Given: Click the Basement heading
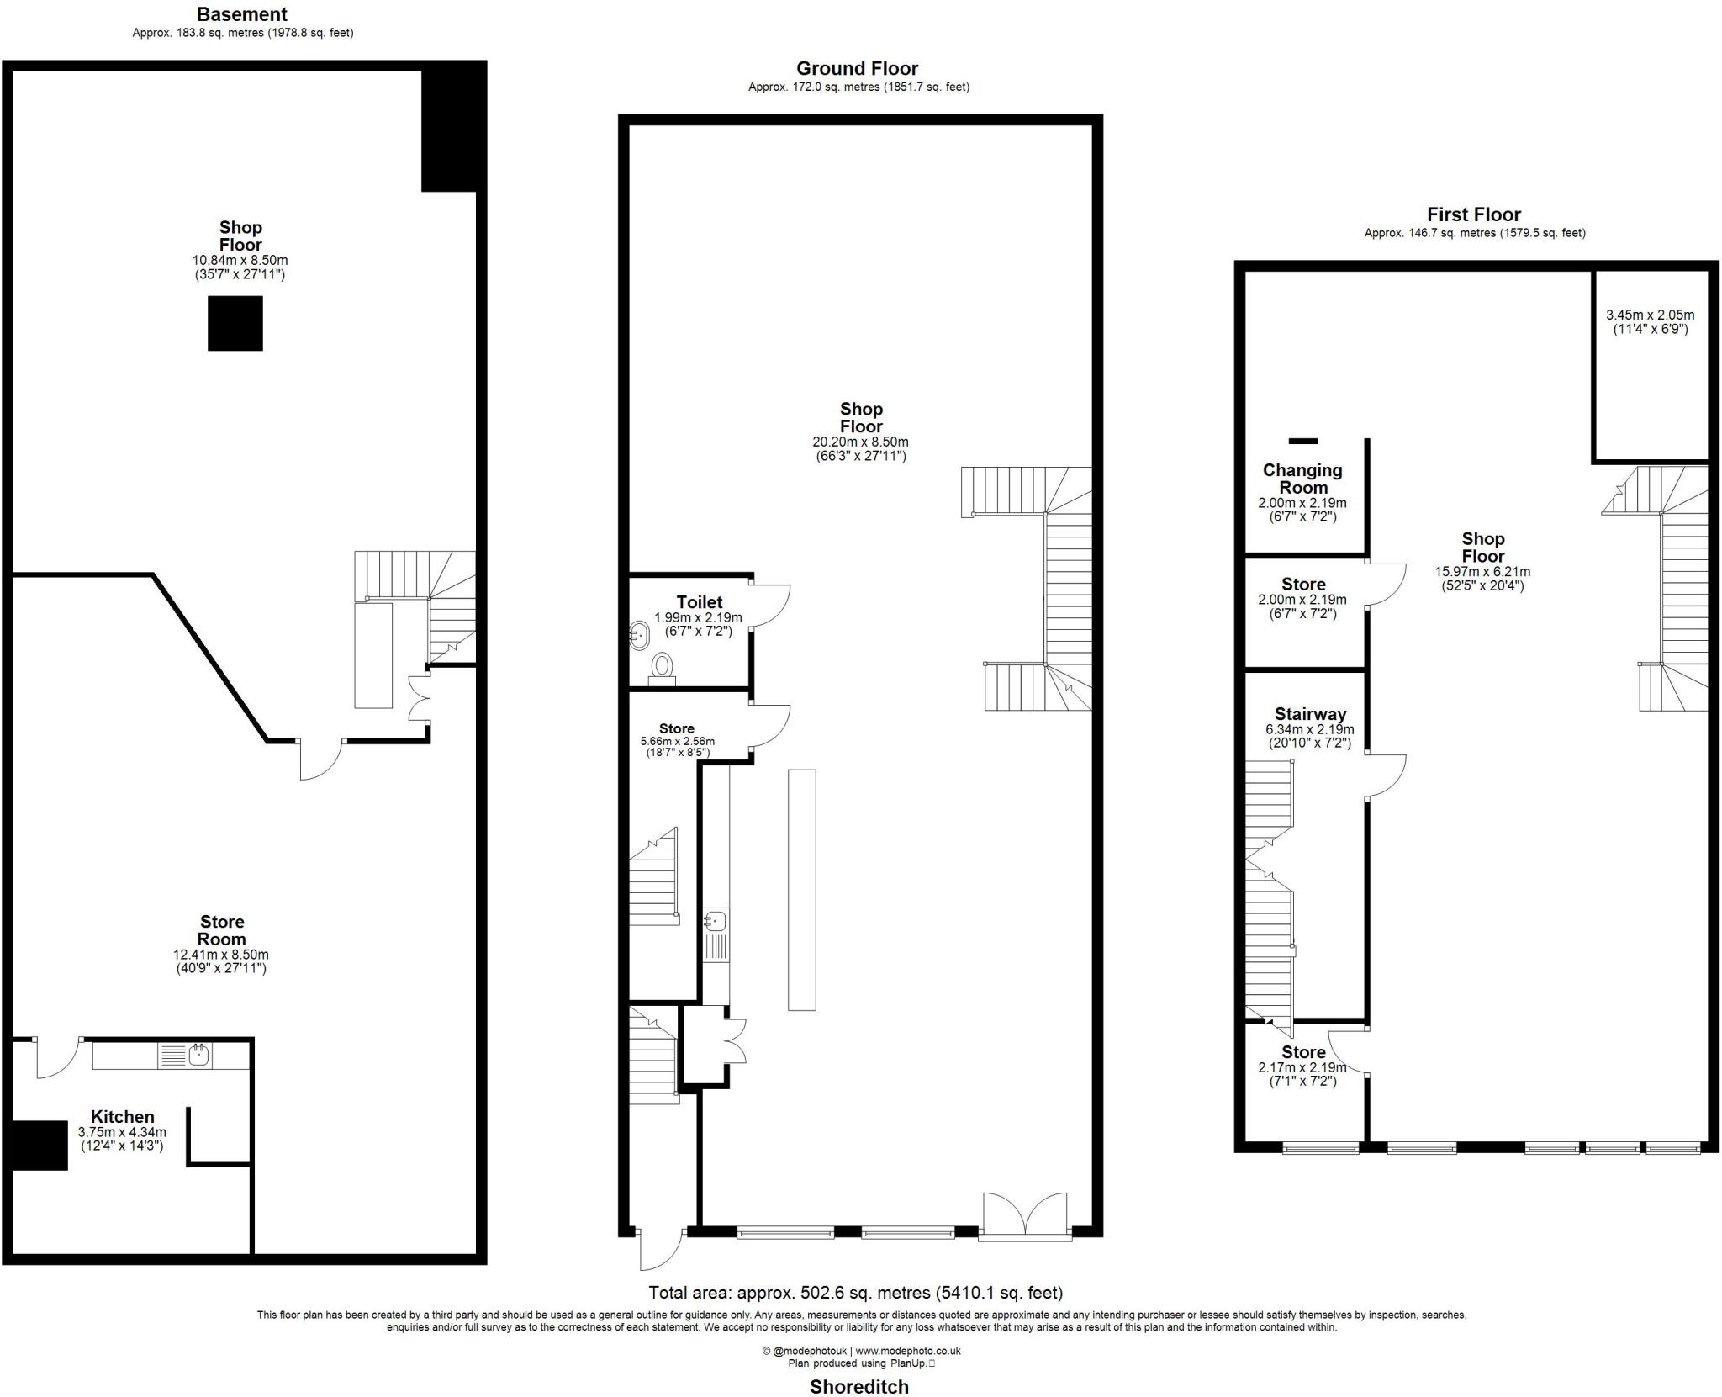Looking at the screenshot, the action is [242, 14].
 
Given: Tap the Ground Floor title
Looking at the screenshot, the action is [858, 68].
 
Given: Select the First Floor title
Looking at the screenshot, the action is [1474, 214].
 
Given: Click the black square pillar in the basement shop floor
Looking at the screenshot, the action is [235, 323].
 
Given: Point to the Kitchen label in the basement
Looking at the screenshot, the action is [123, 1117].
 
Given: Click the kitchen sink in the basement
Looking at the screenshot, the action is [198, 1055].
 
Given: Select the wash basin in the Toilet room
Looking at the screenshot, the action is [639, 635].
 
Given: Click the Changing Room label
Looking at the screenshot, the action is [1302, 479].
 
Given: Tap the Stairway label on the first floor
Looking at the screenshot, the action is [1310, 714].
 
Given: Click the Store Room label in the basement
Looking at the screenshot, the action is [222, 930].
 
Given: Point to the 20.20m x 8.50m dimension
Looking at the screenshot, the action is [860, 442].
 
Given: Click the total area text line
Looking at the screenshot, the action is [856, 1292].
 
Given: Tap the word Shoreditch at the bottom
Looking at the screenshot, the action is [859, 1386].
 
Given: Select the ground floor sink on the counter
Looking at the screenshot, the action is [716, 921].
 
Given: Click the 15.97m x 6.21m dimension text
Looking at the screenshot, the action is [1482, 572].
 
